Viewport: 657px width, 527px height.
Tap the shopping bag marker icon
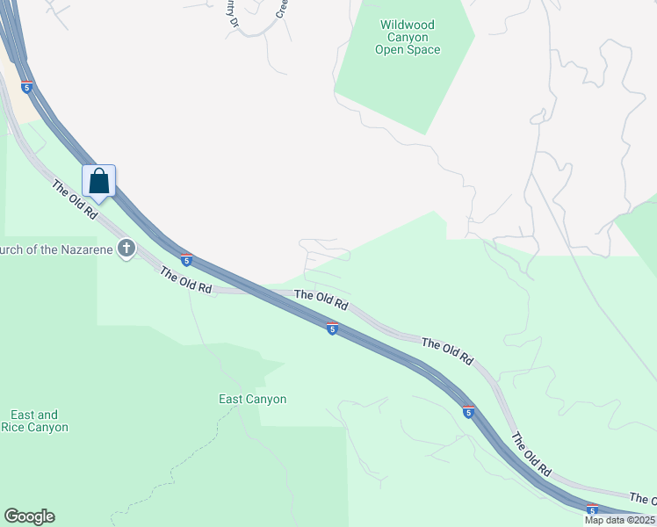pos(99,182)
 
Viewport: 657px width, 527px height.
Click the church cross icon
pos(126,249)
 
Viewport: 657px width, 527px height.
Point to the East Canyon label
pos(252,400)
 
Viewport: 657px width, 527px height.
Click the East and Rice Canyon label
pos(35,421)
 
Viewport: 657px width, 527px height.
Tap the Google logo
pos(29,516)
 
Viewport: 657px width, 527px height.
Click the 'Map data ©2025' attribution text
pos(619,520)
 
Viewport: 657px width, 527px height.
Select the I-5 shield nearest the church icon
pos(186,259)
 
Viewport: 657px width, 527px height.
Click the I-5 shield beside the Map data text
pos(592,509)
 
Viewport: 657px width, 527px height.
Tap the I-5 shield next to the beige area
pos(27,87)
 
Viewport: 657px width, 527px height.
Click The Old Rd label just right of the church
pos(185,281)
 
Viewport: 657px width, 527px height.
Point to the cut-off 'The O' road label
pos(643,498)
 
